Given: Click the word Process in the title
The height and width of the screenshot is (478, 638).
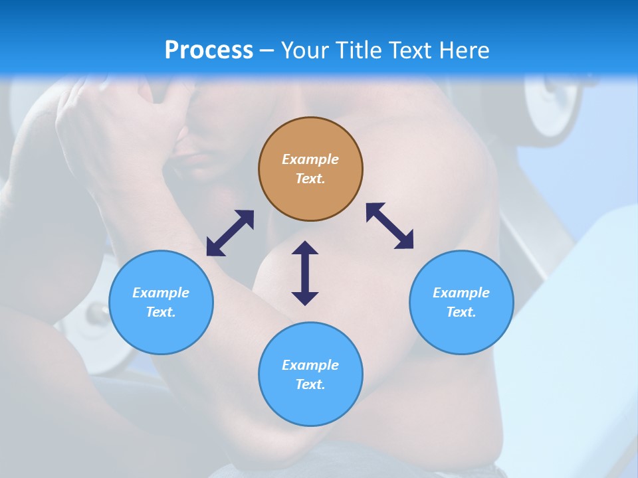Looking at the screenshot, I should [209, 50].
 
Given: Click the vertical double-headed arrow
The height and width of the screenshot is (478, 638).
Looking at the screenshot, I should [305, 273].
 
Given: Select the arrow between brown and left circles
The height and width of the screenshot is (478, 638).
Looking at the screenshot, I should [230, 233].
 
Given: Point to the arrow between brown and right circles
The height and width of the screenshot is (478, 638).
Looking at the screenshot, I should [389, 226].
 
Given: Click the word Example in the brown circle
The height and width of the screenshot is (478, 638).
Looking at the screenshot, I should [310, 159].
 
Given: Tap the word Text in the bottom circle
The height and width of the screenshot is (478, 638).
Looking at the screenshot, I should [310, 384].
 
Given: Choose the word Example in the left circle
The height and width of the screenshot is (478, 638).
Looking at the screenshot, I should [161, 293].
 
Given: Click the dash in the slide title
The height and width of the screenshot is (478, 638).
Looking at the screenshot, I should [266, 51].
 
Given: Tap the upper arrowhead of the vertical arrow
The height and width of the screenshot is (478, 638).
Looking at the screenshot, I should [305, 248].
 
